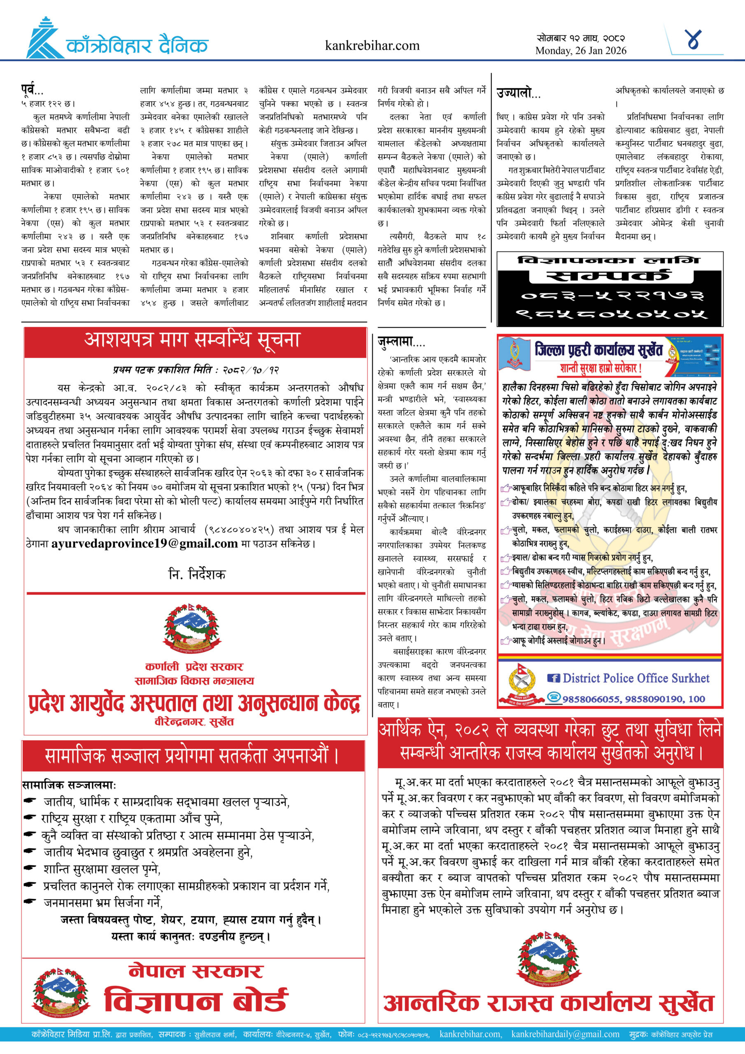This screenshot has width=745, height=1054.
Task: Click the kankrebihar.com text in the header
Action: (372, 45)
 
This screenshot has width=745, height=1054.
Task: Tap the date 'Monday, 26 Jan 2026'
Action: (581, 51)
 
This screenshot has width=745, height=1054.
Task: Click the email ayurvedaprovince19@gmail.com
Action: (144, 543)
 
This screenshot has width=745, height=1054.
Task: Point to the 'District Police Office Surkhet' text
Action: (636, 678)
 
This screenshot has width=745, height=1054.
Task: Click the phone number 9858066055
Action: (591, 699)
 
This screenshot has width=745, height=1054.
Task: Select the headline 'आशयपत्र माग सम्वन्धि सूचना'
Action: (192, 340)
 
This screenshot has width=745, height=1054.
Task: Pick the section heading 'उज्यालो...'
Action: (518, 93)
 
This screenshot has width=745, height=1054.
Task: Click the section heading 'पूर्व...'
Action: (32, 89)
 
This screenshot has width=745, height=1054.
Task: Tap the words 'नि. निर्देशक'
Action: (196, 574)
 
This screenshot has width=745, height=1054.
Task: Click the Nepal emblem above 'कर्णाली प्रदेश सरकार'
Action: (192, 628)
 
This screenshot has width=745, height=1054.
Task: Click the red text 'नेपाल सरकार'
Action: (196, 971)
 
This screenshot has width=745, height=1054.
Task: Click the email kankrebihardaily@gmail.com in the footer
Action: (565, 1034)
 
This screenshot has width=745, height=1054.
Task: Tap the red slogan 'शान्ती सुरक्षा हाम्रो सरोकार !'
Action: (601, 368)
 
